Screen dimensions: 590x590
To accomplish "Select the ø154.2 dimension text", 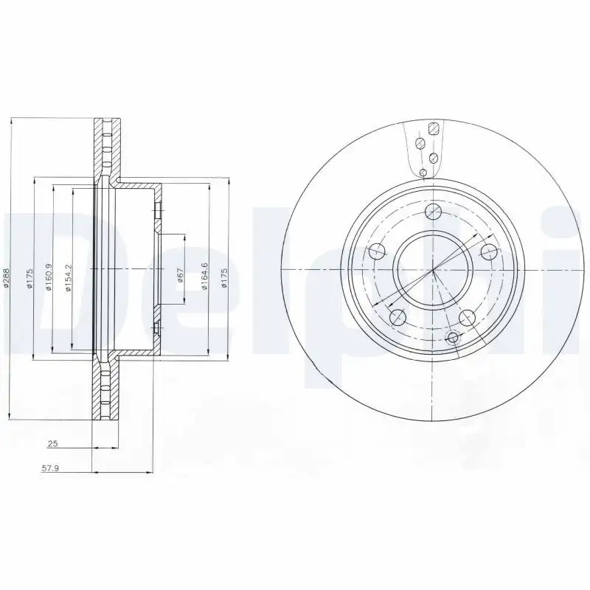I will tap(67, 279).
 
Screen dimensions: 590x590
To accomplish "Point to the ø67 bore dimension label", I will tap(179, 277).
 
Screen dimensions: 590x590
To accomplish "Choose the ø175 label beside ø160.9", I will tap(29, 279).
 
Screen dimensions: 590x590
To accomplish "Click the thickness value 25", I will tap(52, 444).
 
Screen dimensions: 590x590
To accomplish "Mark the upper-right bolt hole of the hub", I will tap(488, 251).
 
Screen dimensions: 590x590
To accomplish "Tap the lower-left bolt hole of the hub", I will tap(397, 317).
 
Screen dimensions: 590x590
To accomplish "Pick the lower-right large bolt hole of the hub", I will tap(466, 317).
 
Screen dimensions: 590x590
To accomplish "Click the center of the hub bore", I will tap(433, 269).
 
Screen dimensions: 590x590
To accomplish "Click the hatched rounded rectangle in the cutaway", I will tap(434, 128).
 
